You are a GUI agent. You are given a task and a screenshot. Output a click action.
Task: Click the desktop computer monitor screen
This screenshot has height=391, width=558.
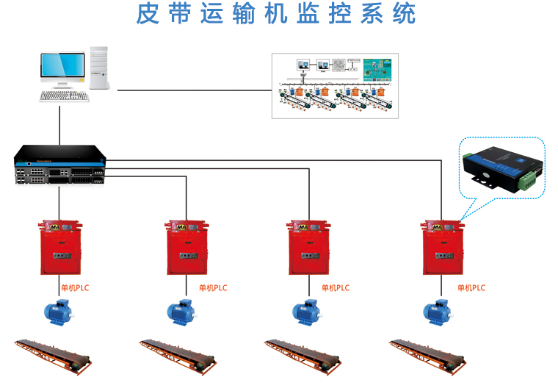coord(62,65)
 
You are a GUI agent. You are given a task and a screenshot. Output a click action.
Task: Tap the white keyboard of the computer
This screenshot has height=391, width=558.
coord(64,96)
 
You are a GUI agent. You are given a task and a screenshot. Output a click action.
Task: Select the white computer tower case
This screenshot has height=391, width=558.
coord(99,67)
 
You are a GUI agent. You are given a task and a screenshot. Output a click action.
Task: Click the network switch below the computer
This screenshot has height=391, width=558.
coord(59,165)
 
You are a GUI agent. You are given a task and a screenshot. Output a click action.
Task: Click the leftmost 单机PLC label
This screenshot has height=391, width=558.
coord(75,288)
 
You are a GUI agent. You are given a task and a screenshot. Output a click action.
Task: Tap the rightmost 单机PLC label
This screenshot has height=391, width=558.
coord(468,288)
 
